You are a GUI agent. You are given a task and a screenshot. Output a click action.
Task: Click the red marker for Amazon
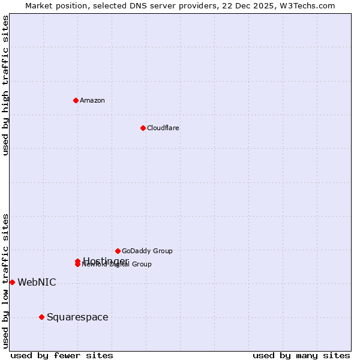[76, 100]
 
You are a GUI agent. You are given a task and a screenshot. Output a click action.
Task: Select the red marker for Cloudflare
[143, 128]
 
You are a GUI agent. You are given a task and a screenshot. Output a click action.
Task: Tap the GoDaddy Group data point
[118, 251]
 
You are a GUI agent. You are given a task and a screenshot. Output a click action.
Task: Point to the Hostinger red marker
[77, 261]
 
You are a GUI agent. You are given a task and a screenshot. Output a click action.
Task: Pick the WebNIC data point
[12, 282]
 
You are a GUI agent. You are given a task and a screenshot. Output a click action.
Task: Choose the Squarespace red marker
[41, 317]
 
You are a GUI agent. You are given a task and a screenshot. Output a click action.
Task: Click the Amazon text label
[92, 100]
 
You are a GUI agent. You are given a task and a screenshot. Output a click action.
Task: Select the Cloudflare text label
[163, 128]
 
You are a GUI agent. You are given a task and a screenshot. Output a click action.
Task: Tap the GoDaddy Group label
[147, 251]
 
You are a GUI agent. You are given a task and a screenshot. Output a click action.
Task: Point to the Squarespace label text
[77, 317]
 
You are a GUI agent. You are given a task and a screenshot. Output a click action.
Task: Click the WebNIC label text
[37, 282]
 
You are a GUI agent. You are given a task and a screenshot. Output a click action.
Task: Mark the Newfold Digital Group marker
[77, 265]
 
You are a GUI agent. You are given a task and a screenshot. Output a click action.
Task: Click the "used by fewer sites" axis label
[62, 355]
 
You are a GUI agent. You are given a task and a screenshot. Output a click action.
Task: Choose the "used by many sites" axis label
[301, 355]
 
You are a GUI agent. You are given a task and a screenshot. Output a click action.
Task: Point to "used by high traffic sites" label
[5, 85]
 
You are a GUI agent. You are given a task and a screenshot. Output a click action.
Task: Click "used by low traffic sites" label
[5, 281]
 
